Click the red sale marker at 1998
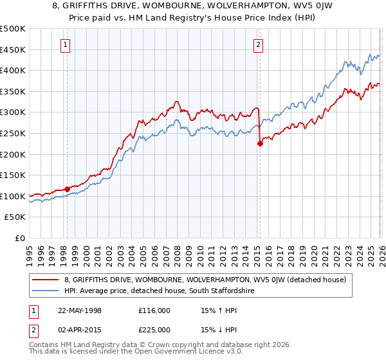point(67,189)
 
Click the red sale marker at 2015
point(260,143)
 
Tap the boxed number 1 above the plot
point(66,44)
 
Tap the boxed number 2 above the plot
point(258,44)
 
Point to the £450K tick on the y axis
point(13,50)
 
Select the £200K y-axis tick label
point(13,154)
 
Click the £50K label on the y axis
point(15,217)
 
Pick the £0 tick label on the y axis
point(19,239)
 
